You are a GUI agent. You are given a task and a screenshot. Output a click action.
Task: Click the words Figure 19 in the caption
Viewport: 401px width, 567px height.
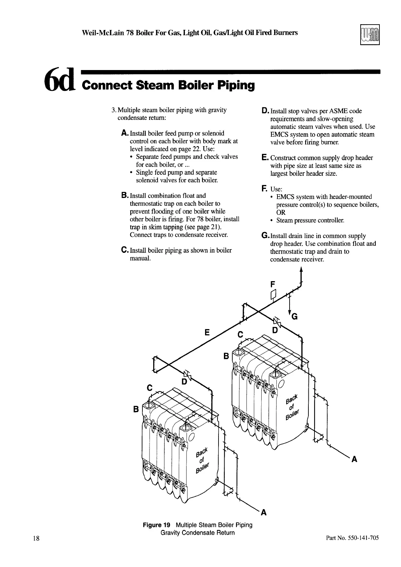157,525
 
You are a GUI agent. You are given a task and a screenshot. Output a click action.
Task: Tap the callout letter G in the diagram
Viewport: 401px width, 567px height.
294,317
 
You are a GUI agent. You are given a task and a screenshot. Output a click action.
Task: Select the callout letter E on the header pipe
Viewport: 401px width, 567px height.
207,333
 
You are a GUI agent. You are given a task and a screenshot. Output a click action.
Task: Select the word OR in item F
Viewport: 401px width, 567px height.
281,212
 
